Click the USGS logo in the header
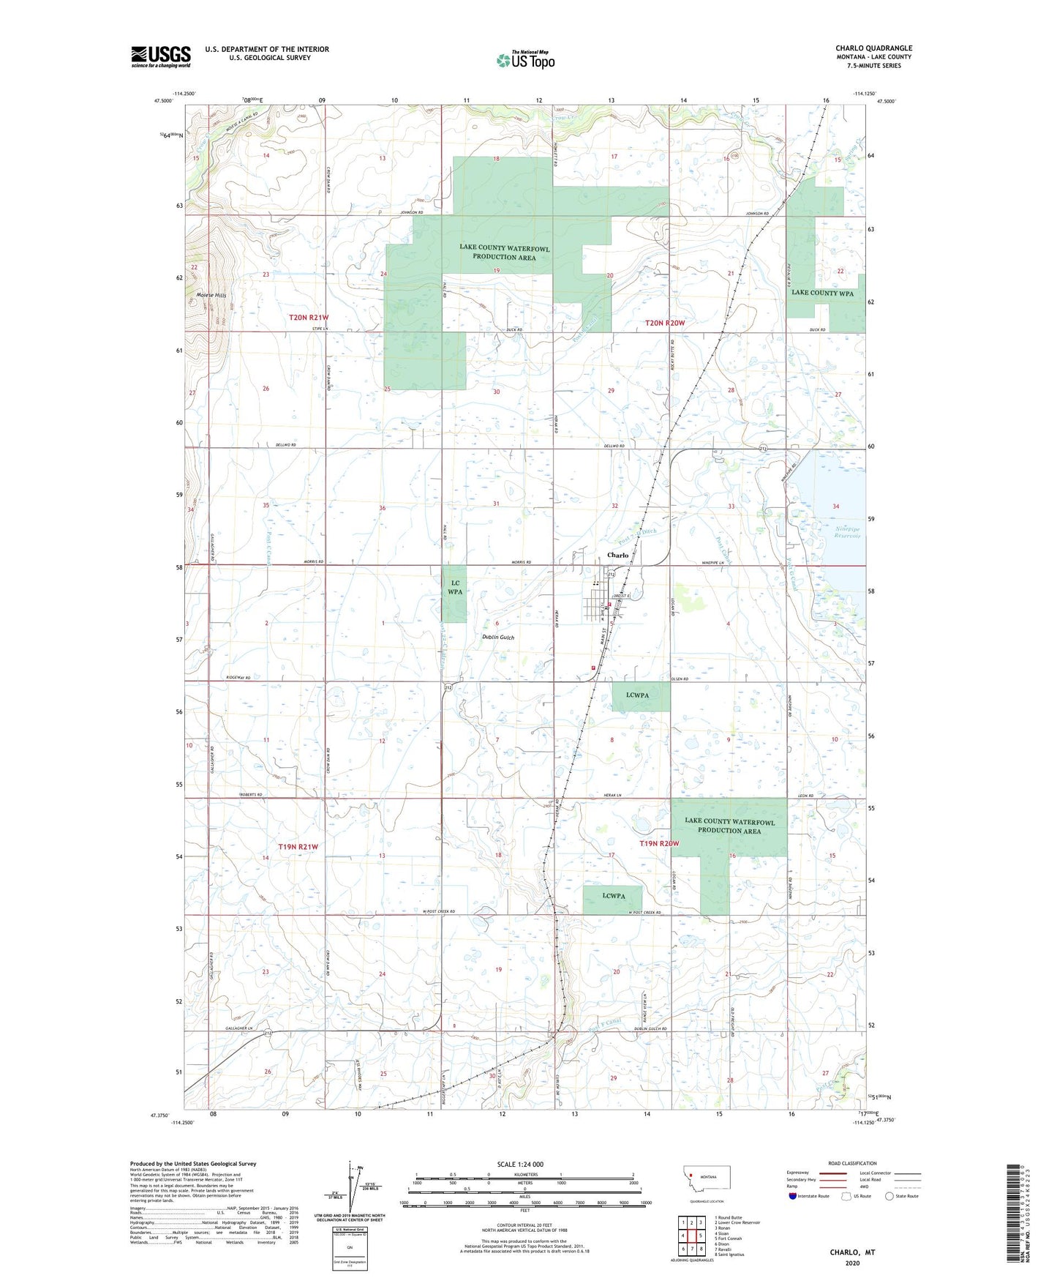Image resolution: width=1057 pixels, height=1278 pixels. point(160,56)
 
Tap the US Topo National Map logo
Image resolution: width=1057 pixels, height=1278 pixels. point(525,59)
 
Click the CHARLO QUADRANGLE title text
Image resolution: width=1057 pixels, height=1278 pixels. point(873,48)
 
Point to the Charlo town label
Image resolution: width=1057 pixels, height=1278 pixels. point(617,555)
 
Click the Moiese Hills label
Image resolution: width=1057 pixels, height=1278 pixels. point(211,295)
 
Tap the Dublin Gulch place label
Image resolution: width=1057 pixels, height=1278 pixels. point(497,637)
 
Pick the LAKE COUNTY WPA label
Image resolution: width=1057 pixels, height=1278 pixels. point(822,293)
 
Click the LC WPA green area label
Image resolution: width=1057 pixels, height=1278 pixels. point(454,587)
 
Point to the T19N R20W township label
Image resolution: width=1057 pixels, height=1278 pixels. point(659,843)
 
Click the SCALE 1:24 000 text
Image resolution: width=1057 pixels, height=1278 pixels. point(520,1165)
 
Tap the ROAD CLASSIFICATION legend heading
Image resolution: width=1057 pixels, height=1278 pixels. point(851,1163)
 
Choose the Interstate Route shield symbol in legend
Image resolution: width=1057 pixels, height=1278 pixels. point(793,1196)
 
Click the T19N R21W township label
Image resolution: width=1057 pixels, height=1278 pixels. point(298,847)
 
